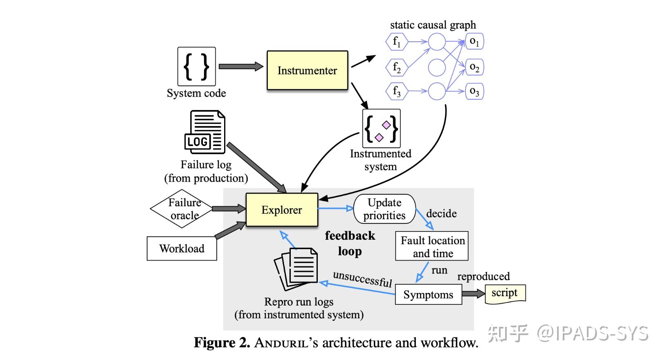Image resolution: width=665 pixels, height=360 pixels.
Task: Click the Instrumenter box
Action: [x=307, y=70]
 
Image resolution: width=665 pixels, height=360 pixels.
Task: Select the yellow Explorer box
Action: [x=282, y=210]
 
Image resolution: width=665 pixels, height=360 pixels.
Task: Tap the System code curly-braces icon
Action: [x=196, y=66]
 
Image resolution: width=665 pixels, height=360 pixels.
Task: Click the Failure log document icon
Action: [x=205, y=132]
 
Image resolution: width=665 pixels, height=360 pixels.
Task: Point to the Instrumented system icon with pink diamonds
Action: [x=381, y=128]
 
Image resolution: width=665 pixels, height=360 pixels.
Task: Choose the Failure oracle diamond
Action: [x=182, y=209]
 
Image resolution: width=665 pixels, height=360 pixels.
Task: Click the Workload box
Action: [x=182, y=248]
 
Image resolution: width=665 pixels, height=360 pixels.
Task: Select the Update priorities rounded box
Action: [x=384, y=209]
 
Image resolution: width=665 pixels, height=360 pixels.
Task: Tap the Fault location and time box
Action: [x=432, y=247]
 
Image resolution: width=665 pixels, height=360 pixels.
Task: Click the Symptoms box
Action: [x=428, y=295]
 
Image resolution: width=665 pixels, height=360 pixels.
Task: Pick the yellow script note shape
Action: [x=505, y=294]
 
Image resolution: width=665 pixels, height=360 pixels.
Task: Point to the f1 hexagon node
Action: [x=397, y=42]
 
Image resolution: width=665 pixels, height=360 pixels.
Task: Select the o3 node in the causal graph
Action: [x=474, y=91]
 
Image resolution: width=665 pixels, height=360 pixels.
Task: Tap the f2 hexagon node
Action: [x=397, y=67]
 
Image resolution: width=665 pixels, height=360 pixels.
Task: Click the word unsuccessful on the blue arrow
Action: [x=362, y=279]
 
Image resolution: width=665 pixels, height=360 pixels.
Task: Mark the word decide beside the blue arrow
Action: [x=441, y=214]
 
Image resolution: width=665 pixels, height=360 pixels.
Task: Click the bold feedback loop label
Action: [x=350, y=243]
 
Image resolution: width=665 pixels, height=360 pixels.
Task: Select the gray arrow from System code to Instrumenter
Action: [x=241, y=66]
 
